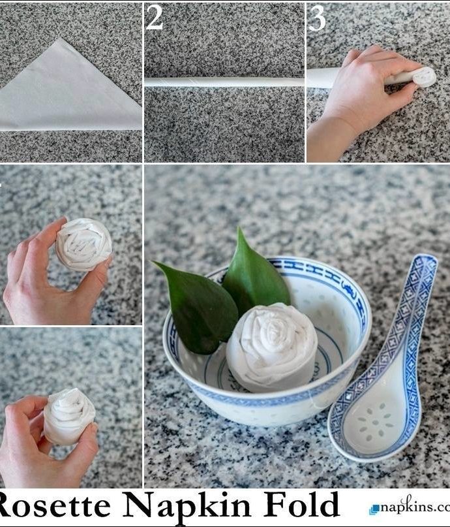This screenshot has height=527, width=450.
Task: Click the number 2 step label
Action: (x=155, y=18)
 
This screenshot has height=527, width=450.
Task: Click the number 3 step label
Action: (x=317, y=18)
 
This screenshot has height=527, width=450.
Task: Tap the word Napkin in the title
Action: (x=187, y=505)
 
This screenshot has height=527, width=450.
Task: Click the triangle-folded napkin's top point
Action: (x=61, y=39)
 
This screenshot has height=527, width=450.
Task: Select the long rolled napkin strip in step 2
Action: (x=224, y=82)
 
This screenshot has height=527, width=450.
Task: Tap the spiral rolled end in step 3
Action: (x=424, y=77)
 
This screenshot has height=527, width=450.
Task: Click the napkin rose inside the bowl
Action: (x=272, y=347)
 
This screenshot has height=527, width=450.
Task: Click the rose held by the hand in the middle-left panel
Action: (x=83, y=244)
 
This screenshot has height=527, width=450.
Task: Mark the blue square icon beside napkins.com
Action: (x=374, y=509)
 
